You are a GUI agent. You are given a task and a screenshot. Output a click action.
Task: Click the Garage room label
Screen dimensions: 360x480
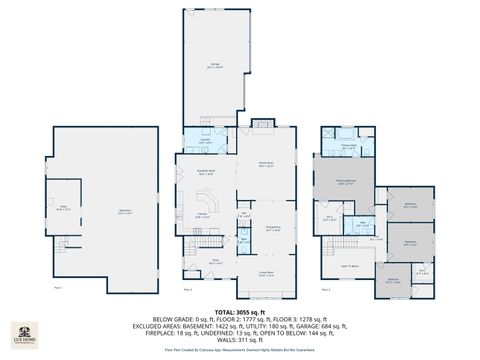click(x=215, y=66)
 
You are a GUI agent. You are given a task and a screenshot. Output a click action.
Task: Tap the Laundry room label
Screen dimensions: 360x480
click(x=205, y=141)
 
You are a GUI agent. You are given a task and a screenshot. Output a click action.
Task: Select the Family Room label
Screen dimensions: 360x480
click(x=267, y=165)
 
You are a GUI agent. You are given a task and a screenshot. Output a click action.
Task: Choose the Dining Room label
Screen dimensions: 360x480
click(x=271, y=228)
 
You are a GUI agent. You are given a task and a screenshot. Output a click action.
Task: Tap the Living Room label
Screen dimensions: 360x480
click(x=267, y=272)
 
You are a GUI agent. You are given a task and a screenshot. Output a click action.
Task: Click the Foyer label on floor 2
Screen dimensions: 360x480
click(x=214, y=262)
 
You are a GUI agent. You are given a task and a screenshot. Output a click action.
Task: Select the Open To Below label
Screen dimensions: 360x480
click(x=350, y=264)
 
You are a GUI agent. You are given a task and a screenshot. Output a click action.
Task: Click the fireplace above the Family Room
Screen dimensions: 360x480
click(x=262, y=123)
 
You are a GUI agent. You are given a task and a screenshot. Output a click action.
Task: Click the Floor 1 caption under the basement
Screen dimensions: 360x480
click(x=58, y=288)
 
